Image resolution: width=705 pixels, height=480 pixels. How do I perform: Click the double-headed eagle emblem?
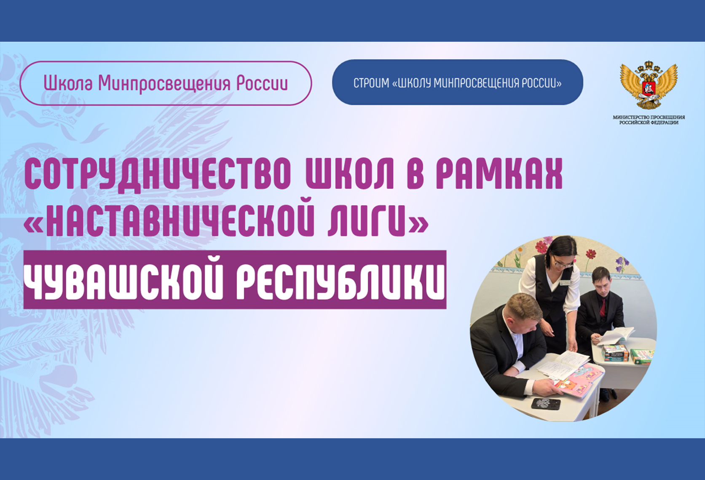click(x=649, y=85)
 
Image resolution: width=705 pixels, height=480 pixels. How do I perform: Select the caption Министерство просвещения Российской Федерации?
click(x=649, y=120)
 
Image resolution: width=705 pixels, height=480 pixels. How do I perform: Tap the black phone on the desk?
click(x=546, y=404)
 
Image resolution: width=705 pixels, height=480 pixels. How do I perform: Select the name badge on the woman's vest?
click(x=565, y=283)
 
